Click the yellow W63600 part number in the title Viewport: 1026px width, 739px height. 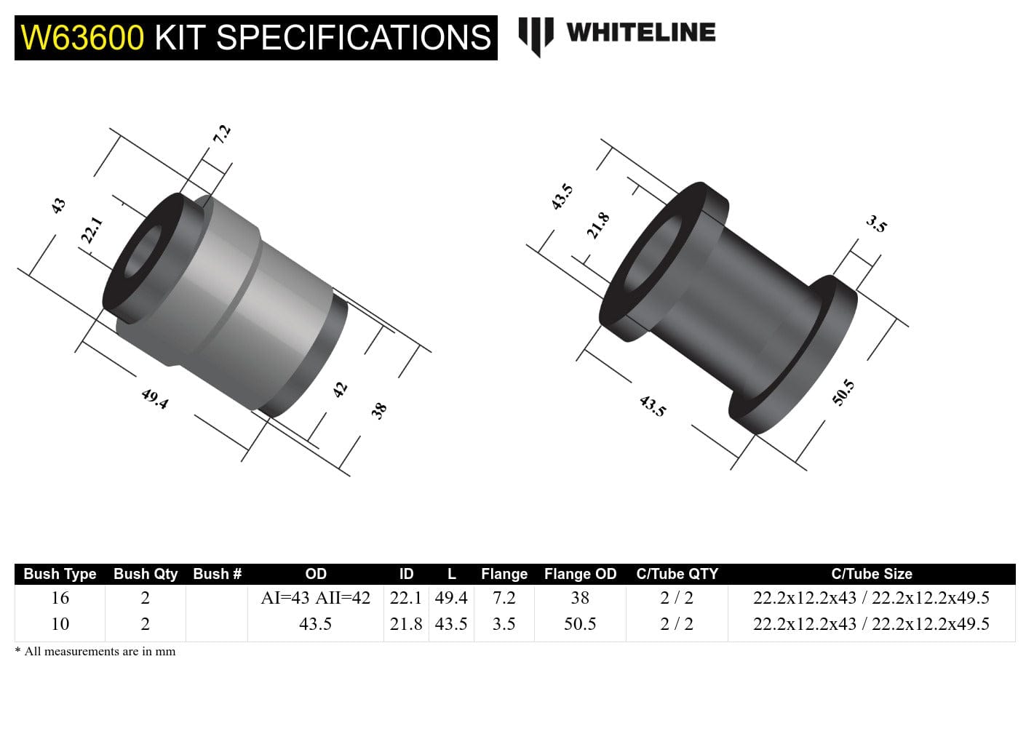82,38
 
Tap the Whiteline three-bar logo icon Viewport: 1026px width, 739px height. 536,35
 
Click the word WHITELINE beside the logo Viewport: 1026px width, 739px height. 640,33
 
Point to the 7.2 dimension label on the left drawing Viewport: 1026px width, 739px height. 222,134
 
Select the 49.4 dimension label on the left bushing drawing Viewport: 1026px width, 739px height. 155,398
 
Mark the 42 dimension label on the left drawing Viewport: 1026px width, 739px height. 340,389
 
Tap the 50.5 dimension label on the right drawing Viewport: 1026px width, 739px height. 843,393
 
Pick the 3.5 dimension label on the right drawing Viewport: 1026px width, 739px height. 877,224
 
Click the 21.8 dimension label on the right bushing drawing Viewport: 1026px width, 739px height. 598,225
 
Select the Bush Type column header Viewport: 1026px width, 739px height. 60,574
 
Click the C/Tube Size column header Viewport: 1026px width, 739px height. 871,574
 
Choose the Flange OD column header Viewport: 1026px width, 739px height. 580,574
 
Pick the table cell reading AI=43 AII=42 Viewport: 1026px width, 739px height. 315,598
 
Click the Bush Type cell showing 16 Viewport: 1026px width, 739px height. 60,598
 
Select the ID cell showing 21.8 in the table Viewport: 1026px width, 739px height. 406,624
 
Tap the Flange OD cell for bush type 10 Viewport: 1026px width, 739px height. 580,624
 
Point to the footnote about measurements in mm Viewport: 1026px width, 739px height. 95,652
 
